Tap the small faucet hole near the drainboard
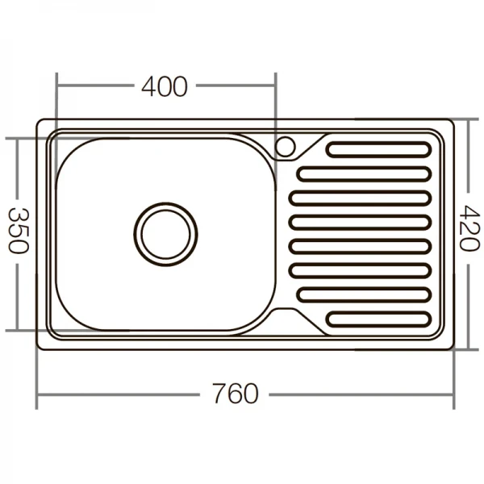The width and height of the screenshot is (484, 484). coord(286,147)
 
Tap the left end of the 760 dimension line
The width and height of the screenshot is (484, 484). coord(37,395)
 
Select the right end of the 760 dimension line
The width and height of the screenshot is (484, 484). coord(455,395)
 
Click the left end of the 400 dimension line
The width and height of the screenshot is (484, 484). coord(56,85)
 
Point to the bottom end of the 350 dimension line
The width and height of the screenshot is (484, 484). coord(17,330)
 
